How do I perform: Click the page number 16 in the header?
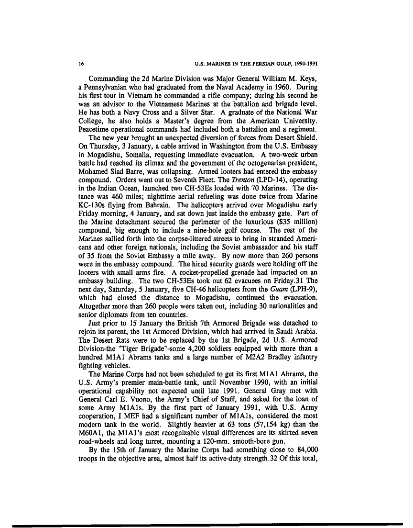coord(82,63)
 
